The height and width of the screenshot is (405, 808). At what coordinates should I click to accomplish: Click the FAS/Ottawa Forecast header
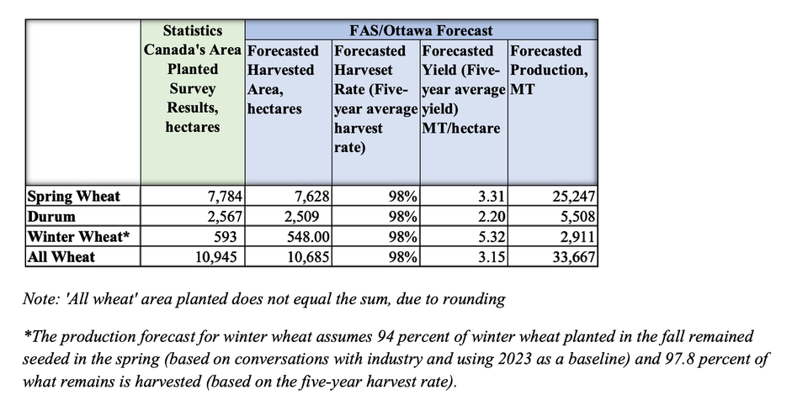tap(421, 30)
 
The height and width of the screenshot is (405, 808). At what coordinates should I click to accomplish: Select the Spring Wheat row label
tap(74, 197)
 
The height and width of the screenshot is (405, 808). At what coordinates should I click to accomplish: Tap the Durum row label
tap(52, 217)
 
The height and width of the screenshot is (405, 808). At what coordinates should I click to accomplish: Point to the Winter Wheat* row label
tap(79, 237)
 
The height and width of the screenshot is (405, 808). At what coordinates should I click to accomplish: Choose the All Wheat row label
tap(61, 257)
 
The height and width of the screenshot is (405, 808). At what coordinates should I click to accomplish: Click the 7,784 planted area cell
tap(225, 197)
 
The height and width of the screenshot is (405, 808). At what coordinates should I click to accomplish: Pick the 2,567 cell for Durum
tap(225, 217)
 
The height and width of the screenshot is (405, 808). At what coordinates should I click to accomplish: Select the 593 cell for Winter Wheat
tap(230, 237)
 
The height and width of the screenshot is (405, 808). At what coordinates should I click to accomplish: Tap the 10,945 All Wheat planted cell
tap(221, 257)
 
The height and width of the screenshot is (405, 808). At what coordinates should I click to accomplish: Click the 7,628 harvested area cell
tap(310, 197)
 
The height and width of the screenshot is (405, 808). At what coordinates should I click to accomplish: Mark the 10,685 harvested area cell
tap(306, 257)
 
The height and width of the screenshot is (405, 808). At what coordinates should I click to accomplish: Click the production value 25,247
tap(573, 197)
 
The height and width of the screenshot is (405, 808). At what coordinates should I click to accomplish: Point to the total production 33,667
tap(573, 257)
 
